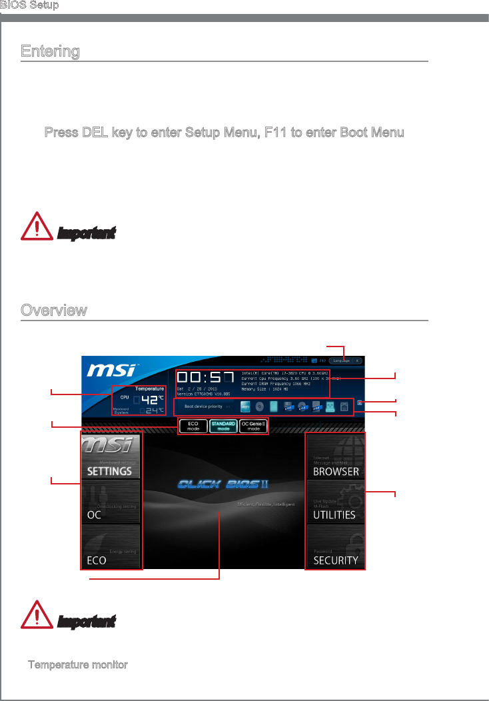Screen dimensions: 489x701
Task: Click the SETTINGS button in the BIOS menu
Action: tap(112, 456)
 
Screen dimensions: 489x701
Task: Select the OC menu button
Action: tap(112, 502)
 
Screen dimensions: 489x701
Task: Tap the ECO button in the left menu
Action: tap(112, 547)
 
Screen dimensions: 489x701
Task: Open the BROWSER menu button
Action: tap(336, 456)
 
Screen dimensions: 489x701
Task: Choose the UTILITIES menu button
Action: tap(336, 502)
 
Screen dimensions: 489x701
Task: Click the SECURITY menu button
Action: tap(336, 547)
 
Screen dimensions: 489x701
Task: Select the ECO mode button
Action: tap(193, 426)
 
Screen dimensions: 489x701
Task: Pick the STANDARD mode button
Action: tap(223, 426)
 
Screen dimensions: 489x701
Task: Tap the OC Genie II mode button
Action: tap(253, 426)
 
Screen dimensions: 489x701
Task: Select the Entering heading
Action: tap(50, 51)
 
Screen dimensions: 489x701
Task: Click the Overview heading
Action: tap(53, 311)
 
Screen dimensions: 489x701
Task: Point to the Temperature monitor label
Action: tap(77, 666)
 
